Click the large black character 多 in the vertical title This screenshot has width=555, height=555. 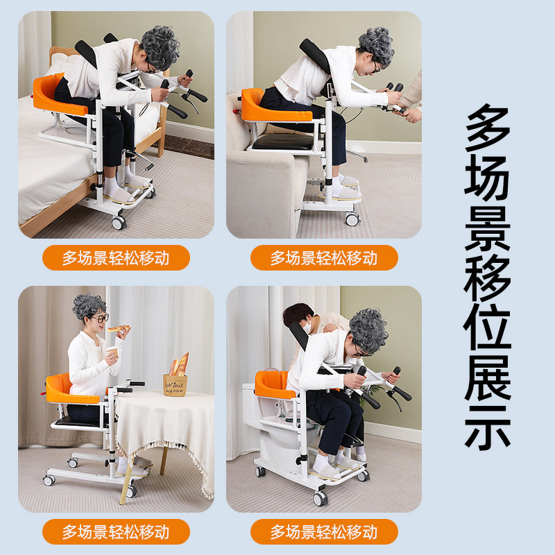click(x=488, y=130)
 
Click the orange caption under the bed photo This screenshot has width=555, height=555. click(x=116, y=258)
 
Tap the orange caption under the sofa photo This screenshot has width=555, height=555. click(x=324, y=258)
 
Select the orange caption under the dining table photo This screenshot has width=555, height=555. click(x=116, y=532)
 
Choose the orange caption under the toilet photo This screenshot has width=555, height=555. click(x=324, y=532)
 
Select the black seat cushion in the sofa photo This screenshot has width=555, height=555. click(x=282, y=142)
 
